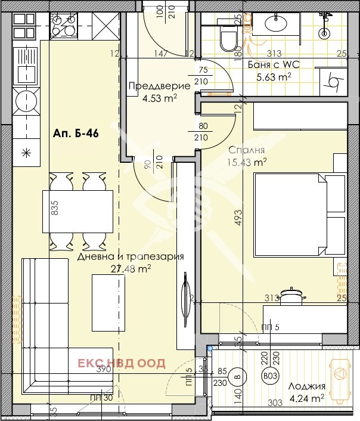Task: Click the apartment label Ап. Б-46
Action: (75, 134)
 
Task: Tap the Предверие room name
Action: (159, 86)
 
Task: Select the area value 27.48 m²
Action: (131, 268)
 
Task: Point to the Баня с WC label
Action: (269, 65)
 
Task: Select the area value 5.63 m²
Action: (273, 76)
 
